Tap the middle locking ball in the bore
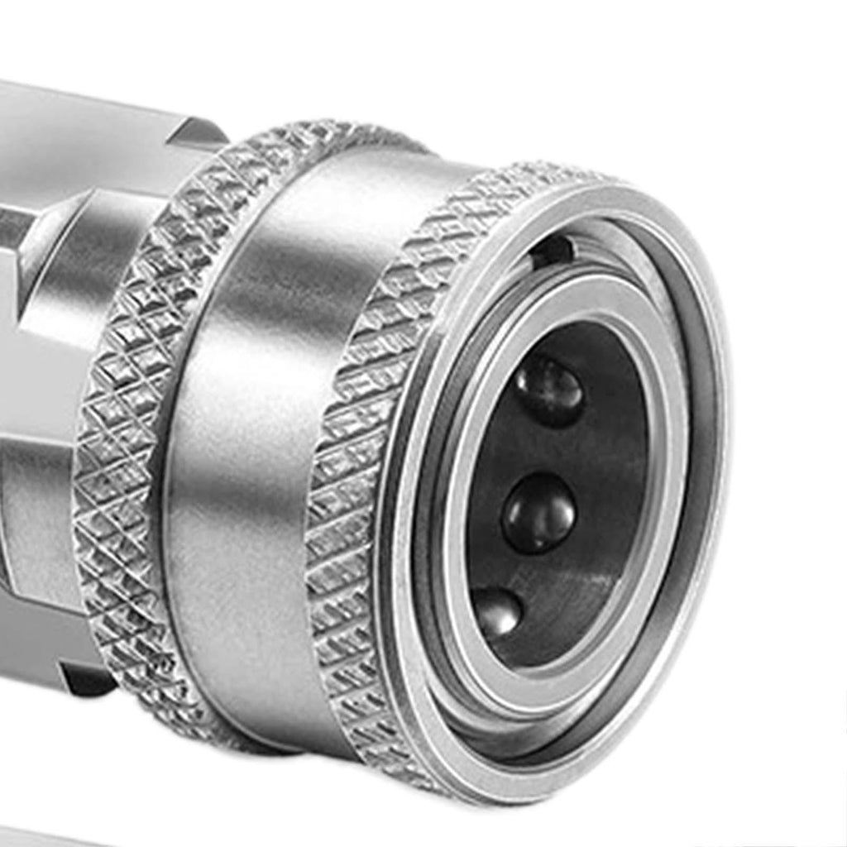[x=539, y=513]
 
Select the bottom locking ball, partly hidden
[x=496, y=612]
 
